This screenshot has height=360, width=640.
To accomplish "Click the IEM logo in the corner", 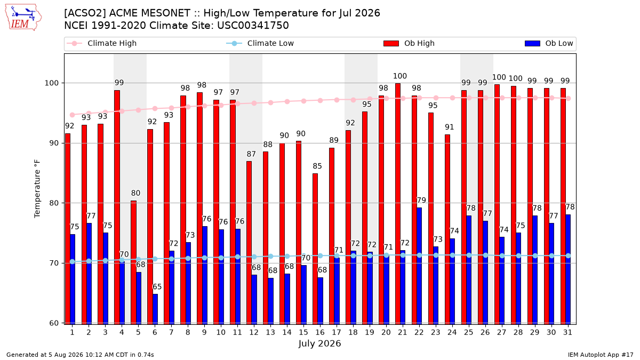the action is [x=23, y=18].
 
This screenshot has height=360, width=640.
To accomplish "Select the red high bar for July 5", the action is [x=133, y=262].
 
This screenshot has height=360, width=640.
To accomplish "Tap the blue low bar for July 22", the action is [x=419, y=266].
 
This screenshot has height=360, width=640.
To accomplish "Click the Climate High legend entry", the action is [x=101, y=43].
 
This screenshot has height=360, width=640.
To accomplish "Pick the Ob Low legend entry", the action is [x=549, y=43].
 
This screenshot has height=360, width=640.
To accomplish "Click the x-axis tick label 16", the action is [x=320, y=333].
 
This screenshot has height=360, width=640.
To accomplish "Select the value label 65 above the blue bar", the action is [x=157, y=286].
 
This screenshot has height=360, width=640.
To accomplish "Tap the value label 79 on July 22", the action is [x=421, y=201].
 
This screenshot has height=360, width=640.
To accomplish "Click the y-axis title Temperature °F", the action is [x=37, y=189].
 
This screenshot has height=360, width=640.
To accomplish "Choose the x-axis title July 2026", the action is [x=319, y=343].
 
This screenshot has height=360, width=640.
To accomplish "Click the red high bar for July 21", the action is [x=398, y=204].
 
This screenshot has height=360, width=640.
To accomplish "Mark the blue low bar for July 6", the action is [x=155, y=309].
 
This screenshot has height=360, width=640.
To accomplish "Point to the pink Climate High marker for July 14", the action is [x=287, y=102].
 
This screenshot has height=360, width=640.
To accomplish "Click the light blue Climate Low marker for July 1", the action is [x=73, y=262].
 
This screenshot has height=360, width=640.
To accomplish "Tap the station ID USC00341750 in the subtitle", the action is [x=253, y=26].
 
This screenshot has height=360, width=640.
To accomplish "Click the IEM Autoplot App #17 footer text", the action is [x=601, y=355].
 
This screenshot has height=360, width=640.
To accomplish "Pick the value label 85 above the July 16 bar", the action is [x=317, y=166].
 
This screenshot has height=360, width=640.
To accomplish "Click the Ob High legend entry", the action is [x=409, y=43].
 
